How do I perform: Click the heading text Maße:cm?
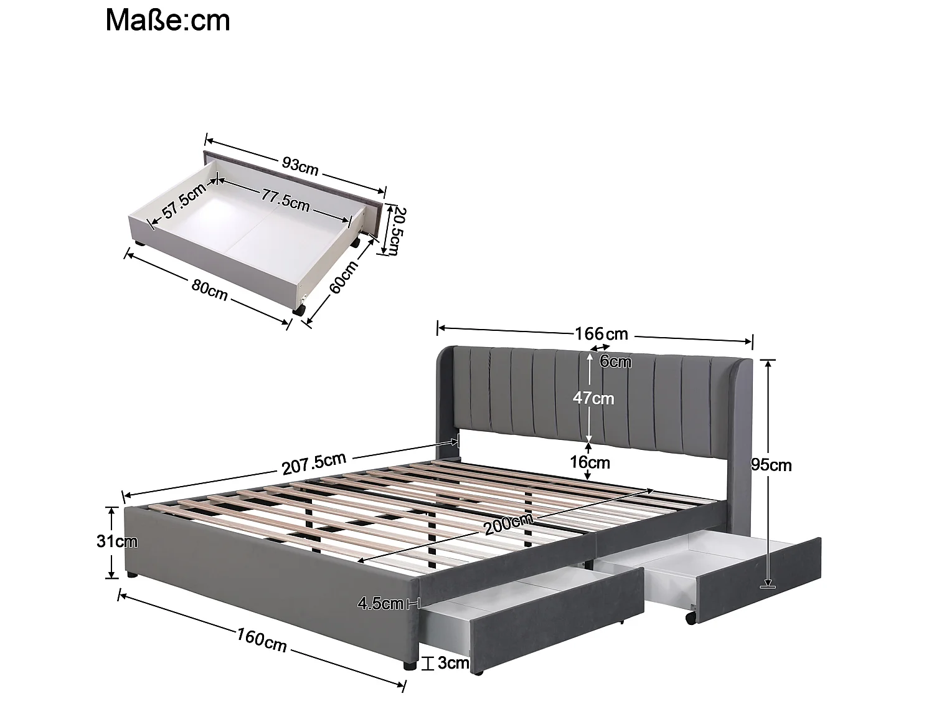point(167,20)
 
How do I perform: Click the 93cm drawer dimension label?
point(300,166)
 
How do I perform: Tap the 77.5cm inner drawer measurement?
point(285,199)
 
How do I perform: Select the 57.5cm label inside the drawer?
point(184,204)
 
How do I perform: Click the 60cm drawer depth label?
point(344,277)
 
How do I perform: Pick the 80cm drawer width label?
point(209,289)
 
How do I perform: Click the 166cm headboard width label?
point(601,333)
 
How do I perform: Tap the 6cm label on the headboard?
point(615,362)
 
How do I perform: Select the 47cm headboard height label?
point(593,398)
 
